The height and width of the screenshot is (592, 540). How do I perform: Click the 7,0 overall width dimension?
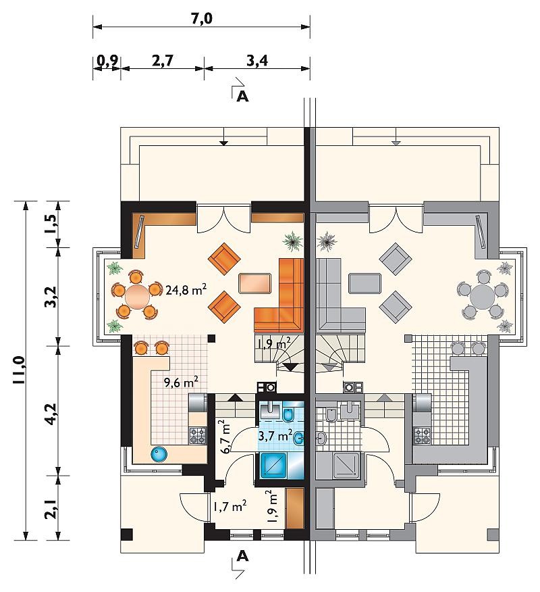click(x=201, y=18)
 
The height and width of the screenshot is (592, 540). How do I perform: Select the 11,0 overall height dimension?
click(x=19, y=370)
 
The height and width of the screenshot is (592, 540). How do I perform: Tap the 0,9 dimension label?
click(x=107, y=60)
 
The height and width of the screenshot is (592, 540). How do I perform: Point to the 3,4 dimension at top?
click(x=257, y=60)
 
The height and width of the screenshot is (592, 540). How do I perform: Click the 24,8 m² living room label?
click(x=186, y=290)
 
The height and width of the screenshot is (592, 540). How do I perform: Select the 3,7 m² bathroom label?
click(x=275, y=435)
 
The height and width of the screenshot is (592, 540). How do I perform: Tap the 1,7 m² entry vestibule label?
click(x=230, y=506)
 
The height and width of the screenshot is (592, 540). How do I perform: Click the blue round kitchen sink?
click(x=159, y=454)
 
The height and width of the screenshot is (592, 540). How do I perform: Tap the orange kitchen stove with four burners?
click(x=198, y=435)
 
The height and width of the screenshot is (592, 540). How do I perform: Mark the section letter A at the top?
click(x=243, y=97)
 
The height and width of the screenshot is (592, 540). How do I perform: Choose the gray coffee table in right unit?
click(x=365, y=283)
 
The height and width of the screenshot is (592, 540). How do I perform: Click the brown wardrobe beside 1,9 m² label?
click(x=294, y=508)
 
